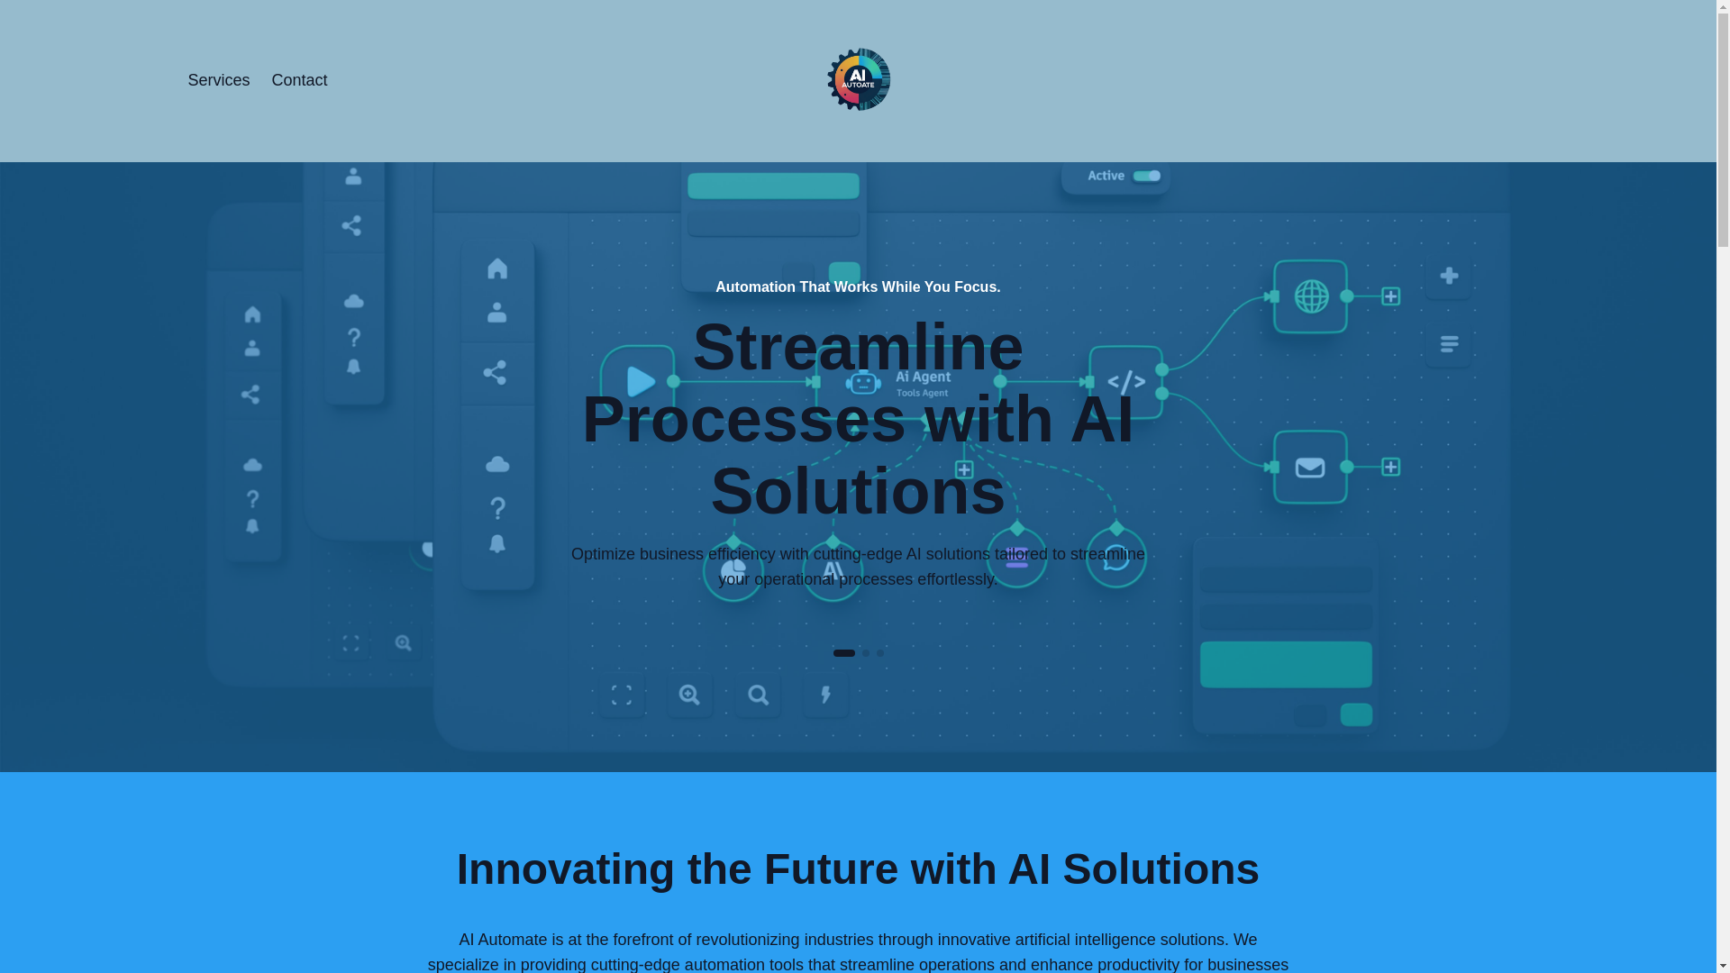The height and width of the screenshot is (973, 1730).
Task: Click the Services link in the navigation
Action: click(218, 80)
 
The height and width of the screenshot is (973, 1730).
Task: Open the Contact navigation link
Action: click(299, 80)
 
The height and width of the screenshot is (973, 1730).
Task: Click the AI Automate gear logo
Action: click(859, 79)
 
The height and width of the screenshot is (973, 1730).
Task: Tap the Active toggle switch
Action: click(1146, 176)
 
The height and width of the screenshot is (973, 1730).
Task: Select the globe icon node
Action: click(1311, 296)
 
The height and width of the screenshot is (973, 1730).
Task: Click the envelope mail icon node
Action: click(1310, 468)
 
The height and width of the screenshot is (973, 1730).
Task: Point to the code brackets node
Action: click(1126, 382)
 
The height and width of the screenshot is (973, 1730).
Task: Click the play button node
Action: click(639, 382)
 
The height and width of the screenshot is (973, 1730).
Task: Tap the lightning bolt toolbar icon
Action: click(825, 695)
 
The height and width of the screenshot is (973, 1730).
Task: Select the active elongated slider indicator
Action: click(843, 653)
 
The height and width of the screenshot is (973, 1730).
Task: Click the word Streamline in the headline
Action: click(858, 348)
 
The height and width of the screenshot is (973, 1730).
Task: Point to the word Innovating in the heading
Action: click(566, 869)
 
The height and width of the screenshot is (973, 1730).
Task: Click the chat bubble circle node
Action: click(1115, 558)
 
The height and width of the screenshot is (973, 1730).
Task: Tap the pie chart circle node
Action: click(733, 571)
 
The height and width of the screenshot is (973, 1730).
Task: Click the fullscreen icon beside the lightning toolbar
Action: click(622, 695)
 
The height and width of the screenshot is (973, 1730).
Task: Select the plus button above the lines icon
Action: click(1449, 276)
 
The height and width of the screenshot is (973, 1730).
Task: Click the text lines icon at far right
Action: click(1449, 344)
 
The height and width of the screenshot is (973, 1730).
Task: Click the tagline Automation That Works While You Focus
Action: click(858, 286)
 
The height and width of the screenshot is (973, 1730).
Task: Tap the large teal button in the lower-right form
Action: click(1286, 664)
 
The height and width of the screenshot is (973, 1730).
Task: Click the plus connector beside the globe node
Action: click(1390, 296)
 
